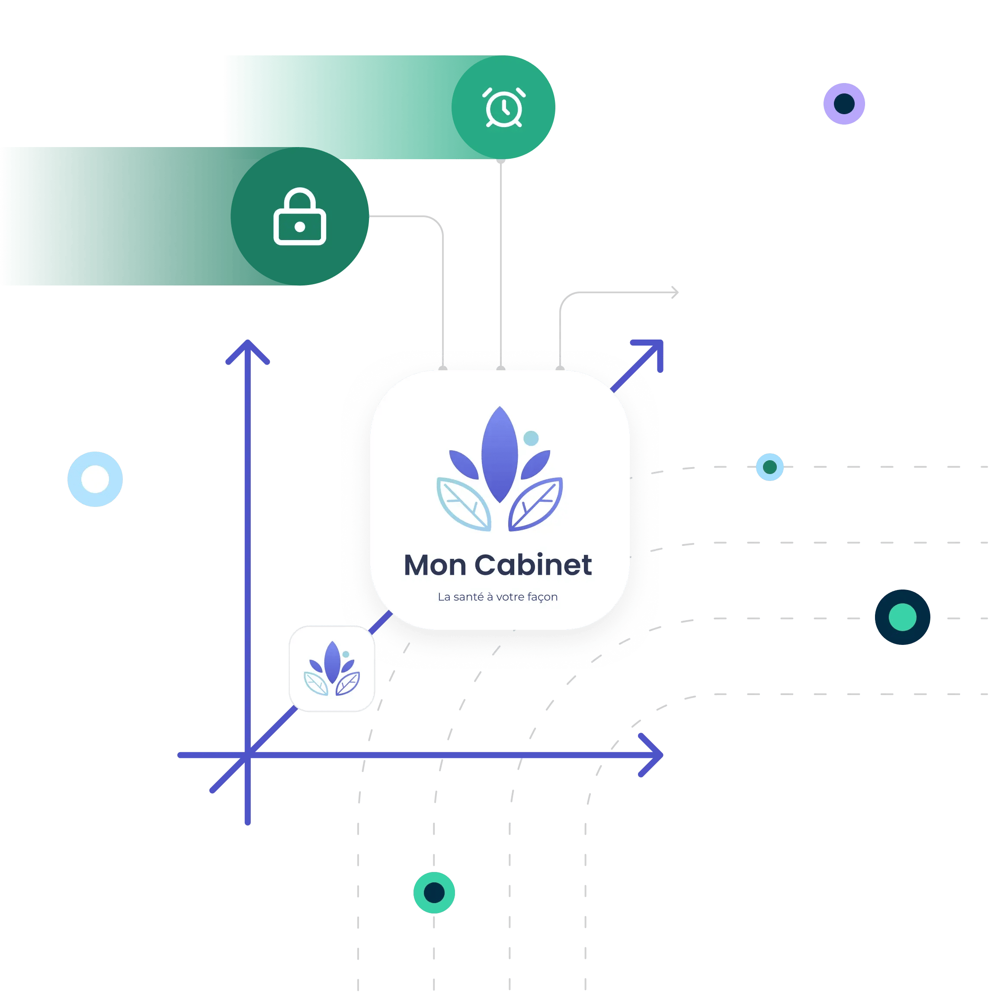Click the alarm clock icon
point(503,108)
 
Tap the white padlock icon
point(300,218)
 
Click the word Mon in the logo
point(434,565)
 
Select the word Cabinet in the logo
point(533,565)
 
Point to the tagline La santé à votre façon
point(497,597)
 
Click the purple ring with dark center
point(844,103)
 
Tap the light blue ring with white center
point(95,479)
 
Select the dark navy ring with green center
point(902,617)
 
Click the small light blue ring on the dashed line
point(769,467)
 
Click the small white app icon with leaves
point(332,669)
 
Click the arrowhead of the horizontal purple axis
point(655,755)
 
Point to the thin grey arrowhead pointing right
point(674,293)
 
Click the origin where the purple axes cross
point(248,755)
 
